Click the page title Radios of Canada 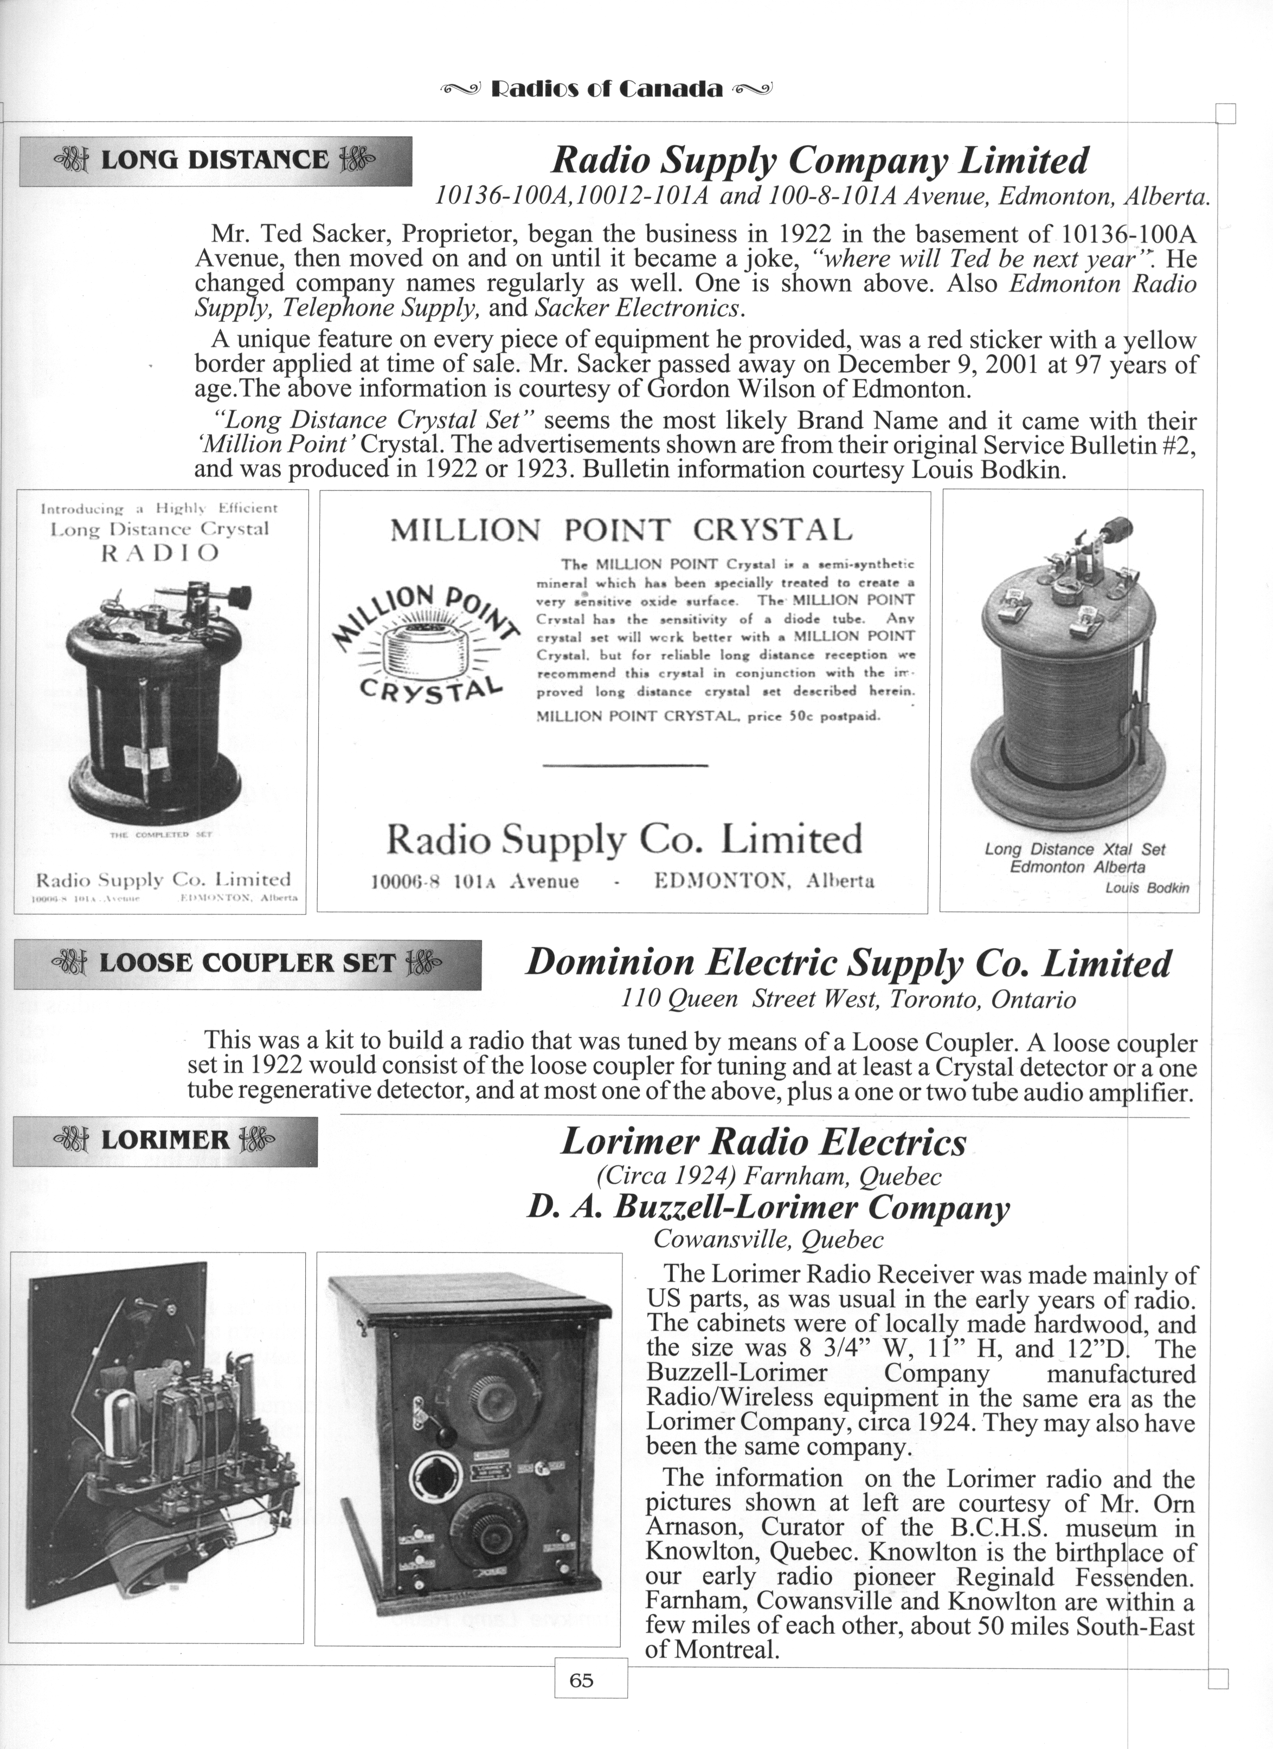tap(607, 89)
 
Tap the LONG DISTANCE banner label tap(215, 160)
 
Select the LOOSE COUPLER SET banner tap(247, 963)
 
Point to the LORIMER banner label tap(165, 1141)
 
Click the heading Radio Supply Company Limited tap(819, 161)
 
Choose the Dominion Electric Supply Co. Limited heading tap(848, 963)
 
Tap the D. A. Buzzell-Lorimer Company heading tap(768, 1208)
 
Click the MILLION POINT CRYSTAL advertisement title tap(621, 530)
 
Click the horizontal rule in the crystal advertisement tap(625, 765)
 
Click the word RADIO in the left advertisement tap(160, 553)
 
